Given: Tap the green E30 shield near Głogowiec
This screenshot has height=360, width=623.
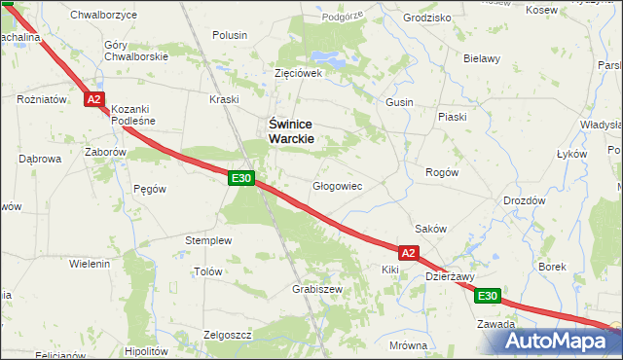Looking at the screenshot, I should [x=242, y=178].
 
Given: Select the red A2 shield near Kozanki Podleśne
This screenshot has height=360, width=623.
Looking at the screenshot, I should [x=93, y=99].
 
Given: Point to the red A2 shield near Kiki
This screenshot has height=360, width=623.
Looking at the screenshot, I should [x=409, y=253].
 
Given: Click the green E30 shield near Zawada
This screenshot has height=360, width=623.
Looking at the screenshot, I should [x=489, y=296].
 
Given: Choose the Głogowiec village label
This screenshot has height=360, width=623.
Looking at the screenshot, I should [x=337, y=185].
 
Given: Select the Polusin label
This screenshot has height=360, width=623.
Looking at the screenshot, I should [x=230, y=35].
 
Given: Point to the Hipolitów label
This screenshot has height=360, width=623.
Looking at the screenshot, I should [x=148, y=350].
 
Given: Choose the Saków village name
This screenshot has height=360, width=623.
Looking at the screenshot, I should [x=430, y=229].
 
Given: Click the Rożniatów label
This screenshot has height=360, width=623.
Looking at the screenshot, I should [x=42, y=99].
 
